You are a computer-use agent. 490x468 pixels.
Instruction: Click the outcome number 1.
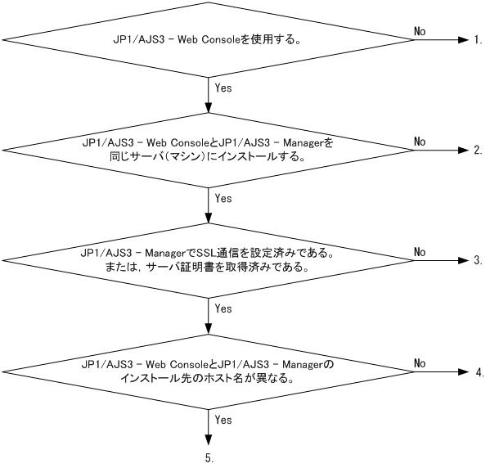point(478,39)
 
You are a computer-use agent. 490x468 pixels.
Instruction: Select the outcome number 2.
point(478,151)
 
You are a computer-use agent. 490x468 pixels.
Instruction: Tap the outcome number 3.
point(478,261)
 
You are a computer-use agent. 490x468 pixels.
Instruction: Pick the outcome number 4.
point(478,372)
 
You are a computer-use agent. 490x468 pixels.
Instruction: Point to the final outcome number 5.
point(210,459)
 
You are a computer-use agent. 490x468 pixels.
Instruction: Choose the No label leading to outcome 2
point(420,141)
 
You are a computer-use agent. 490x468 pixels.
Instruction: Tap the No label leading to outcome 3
point(420,251)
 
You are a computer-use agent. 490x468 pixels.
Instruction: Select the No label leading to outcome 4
point(420,362)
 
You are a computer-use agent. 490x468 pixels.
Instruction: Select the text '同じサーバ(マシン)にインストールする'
point(209,157)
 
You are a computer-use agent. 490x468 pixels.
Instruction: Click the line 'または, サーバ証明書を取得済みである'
point(209,268)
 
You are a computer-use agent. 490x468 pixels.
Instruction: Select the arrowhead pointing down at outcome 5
point(210,441)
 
